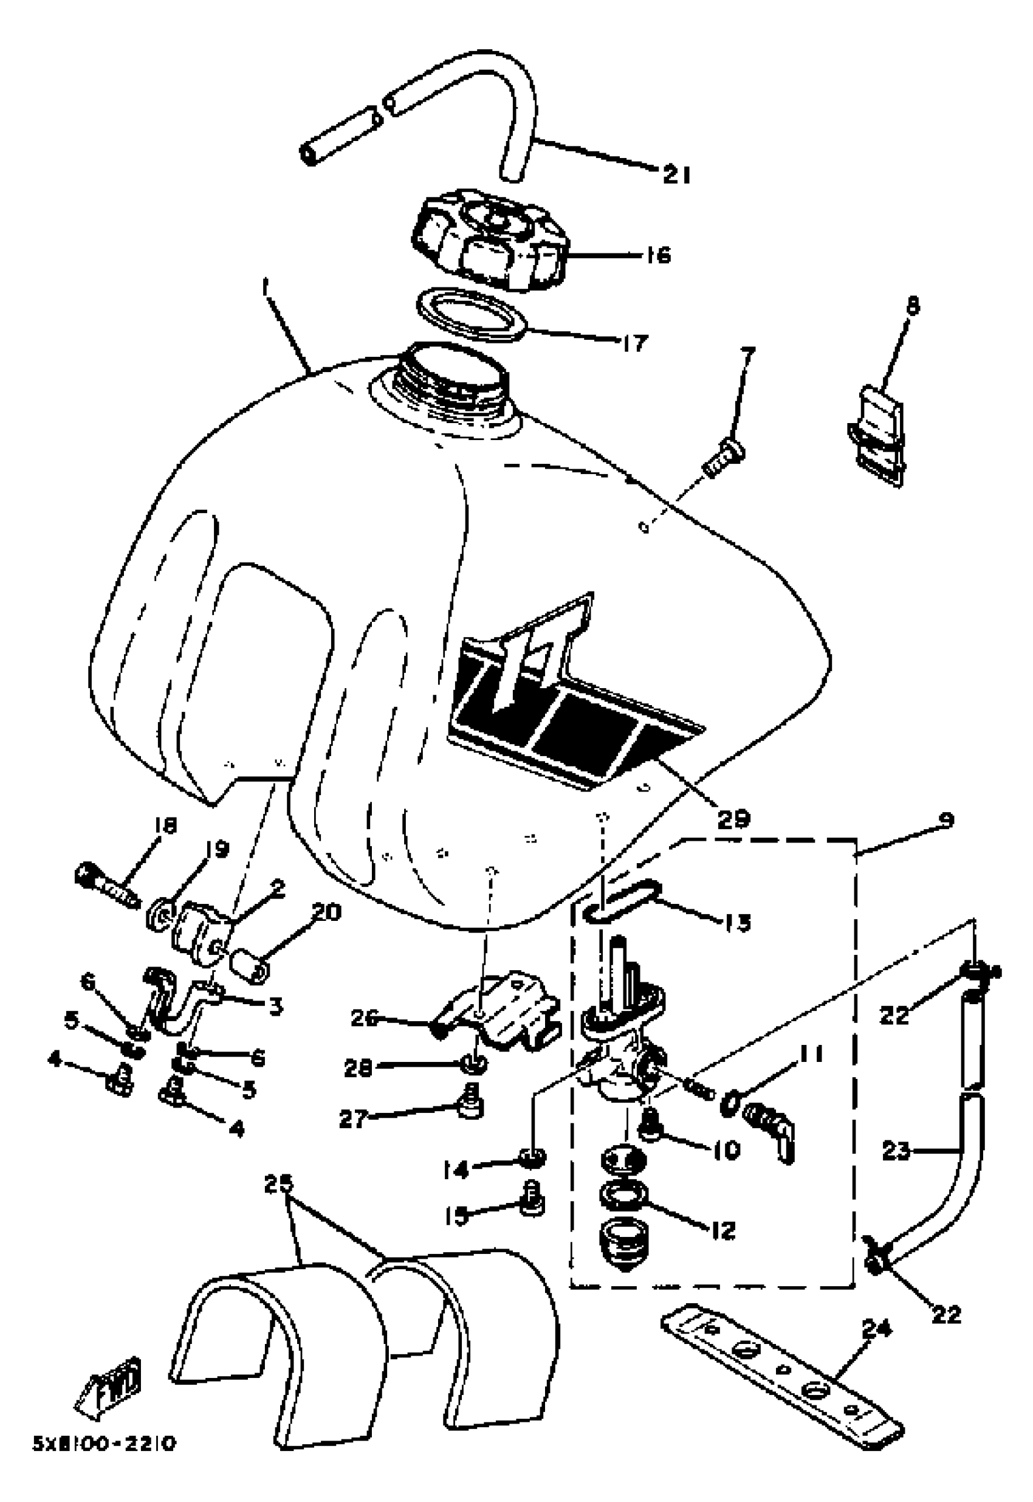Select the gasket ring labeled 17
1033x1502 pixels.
click(x=470, y=315)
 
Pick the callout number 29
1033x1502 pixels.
click(x=733, y=818)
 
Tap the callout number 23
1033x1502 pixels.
click(x=896, y=1151)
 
